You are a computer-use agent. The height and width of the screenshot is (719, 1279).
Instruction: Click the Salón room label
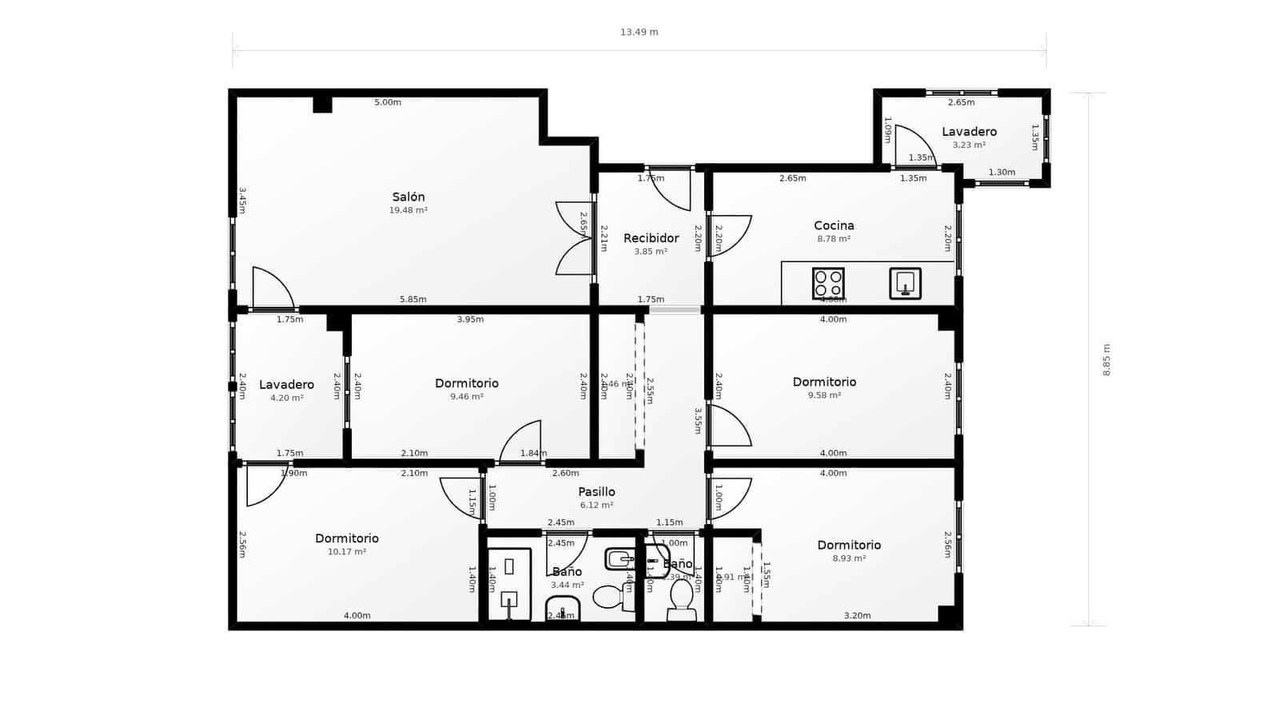click(408, 197)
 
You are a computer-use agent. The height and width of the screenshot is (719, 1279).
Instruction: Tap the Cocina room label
click(834, 225)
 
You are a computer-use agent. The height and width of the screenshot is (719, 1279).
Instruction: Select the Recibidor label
click(651, 238)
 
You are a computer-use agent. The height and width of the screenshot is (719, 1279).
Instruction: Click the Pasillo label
click(596, 492)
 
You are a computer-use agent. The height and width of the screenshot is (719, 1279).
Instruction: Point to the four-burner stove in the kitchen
click(828, 283)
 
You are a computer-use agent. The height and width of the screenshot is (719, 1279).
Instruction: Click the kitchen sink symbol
click(905, 283)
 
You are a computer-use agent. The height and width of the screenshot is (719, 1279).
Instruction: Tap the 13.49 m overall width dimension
click(639, 33)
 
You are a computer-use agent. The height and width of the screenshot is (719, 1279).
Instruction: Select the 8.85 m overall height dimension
click(1106, 359)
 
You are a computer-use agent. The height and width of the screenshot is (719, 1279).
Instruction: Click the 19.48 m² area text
click(408, 210)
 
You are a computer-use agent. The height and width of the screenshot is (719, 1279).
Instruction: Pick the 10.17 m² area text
click(346, 552)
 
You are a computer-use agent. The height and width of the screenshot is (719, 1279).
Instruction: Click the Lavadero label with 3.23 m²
click(969, 132)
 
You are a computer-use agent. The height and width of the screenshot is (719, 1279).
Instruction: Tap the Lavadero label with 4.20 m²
click(286, 384)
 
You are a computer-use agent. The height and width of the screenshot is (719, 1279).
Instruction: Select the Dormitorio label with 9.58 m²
click(824, 382)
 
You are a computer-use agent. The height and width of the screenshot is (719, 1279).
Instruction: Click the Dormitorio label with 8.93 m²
click(849, 545)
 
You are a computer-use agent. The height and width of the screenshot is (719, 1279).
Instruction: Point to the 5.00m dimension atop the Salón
click(388, 102)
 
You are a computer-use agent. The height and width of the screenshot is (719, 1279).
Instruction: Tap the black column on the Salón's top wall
click(322, 104)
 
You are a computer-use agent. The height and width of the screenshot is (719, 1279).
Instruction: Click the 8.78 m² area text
click(834, 239)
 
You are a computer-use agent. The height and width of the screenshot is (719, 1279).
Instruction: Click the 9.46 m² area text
click(466, 396)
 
